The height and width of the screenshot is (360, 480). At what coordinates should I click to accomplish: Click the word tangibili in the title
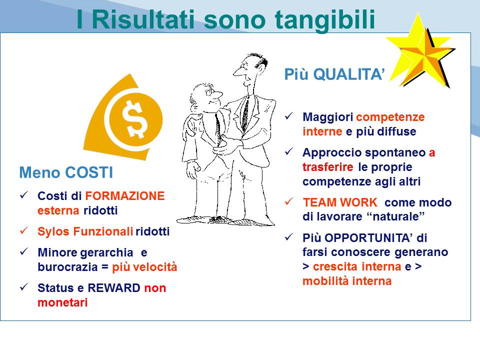[325, 20]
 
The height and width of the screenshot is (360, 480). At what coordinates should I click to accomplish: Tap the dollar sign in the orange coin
[134, 119]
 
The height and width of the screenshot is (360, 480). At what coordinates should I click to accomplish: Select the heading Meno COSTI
[66, 172]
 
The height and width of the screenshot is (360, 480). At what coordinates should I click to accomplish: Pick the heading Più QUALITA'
[334, 74]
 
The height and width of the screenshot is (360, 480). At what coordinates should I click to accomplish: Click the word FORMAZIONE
[125, 196]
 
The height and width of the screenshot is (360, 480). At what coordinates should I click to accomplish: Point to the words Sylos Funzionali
[85, 231]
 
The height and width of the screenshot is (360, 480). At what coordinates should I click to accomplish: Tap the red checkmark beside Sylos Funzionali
[24, 230]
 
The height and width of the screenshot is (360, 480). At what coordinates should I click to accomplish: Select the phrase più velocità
[144, 267]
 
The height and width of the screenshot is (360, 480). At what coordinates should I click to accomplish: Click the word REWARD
[114, 288]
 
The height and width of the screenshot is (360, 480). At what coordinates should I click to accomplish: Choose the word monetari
[62, 302]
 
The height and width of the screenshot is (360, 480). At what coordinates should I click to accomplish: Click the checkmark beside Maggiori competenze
[289, 116]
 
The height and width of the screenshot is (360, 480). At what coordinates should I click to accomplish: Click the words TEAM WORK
[340, 202]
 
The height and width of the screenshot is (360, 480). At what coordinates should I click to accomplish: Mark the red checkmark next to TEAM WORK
[289, 201]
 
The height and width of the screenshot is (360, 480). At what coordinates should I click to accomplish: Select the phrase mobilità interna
[347, 281]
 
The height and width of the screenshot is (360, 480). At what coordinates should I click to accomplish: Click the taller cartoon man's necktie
[245, 114]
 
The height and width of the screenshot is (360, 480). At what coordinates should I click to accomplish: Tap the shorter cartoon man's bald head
[200, 92]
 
